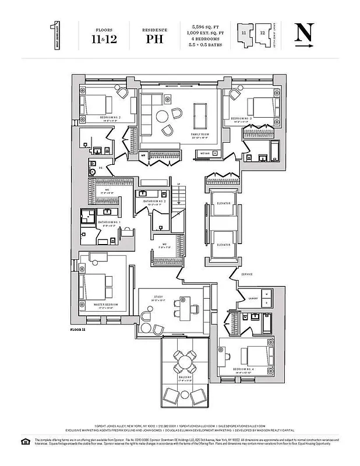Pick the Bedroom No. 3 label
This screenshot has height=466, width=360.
[242, 118]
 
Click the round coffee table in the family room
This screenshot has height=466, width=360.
[163, 116]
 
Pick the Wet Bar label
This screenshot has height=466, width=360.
[203, 154]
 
